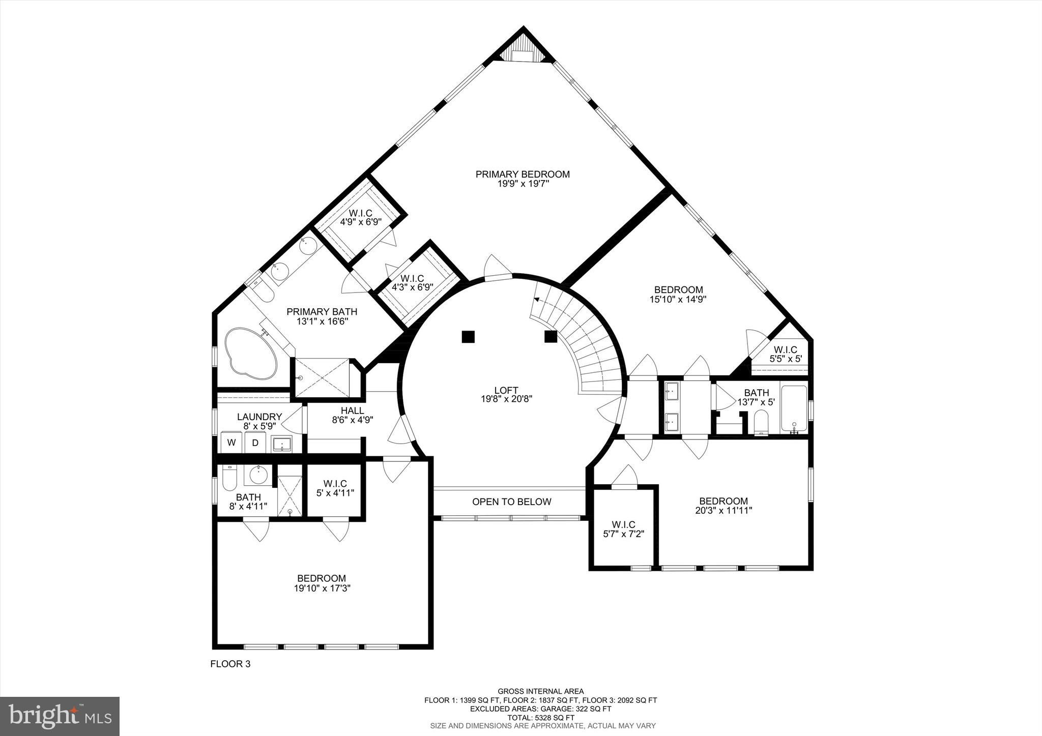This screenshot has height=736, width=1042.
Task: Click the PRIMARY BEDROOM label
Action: (x=523, y=174)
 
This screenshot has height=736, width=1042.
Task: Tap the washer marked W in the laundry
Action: (x=231, y=443)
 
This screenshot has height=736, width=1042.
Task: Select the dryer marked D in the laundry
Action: (x=255, y=443)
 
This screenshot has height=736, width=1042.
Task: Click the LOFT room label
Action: (x=506, y=391)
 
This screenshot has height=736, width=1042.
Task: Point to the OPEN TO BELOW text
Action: (x=512, y=502)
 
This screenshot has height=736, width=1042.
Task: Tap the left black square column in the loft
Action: (x=468, y=337)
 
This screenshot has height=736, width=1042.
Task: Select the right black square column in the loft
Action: (x=551, y=337)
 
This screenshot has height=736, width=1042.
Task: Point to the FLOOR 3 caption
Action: (x=230, y=664)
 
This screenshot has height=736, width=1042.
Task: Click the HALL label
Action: (x=353, y=410)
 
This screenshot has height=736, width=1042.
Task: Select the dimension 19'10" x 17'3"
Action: (x=322, y=588)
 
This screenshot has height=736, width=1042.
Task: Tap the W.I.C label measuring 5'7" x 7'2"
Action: (x=623, y=525)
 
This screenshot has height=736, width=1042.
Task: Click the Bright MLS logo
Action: (x=60, y=716)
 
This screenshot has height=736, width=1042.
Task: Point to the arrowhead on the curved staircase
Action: (x=536, y=300)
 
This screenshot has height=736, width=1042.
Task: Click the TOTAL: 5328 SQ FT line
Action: (x=540, y=718)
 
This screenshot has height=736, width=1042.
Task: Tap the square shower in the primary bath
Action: (x=322, y=377)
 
